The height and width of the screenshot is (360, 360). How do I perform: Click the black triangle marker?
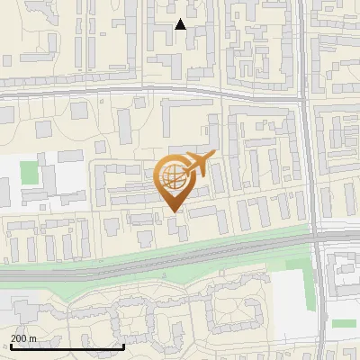pyautogui.click(x=181, y=24)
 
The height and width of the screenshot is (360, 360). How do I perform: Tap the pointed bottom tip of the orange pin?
pyautogui.click(x=173, y=211)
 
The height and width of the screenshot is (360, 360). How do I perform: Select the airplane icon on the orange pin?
pyautogui.click(x=199, y=164)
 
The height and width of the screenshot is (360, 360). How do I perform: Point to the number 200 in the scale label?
pyautogui.click(x=20, y=338)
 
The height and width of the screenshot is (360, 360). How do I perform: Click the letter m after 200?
pyautogui.click(x=33, y=338)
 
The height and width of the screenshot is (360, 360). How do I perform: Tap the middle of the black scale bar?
pyautogui.click(x=67, y=346)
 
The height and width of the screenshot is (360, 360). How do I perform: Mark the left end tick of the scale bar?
pyautogui.click(x=10, y=346)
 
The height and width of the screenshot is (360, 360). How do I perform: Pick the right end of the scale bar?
pyautogui.click(x=123, y=346)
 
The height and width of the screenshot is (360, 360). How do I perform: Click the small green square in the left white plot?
pyautogui.click(x=30, y=173)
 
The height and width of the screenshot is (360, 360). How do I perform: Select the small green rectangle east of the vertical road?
pyautogui.click(x=342, y=323)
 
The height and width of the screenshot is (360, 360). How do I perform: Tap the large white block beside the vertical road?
pyautogui.click(x=291, y=293)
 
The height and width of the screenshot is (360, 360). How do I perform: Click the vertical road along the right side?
pyautogui.click(x=311, y=162)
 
